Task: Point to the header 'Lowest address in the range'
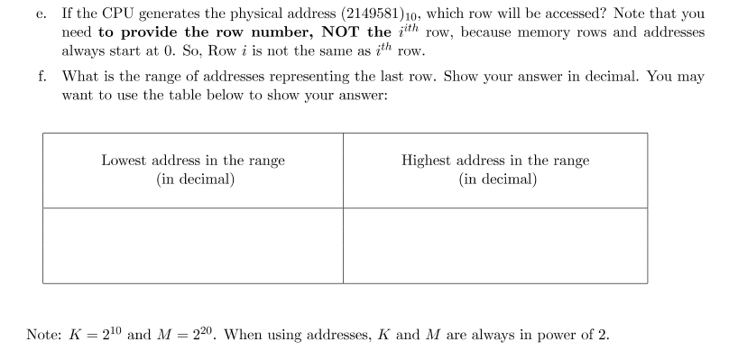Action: click(x=193, y=161)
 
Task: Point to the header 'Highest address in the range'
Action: click(x=495, y=161)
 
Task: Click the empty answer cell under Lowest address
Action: click(x=193, y=245)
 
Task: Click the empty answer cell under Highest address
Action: click(x=495, y=245)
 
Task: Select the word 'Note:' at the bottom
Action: click(x=44, y=335)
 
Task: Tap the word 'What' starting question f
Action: click(x=78, y=78)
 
